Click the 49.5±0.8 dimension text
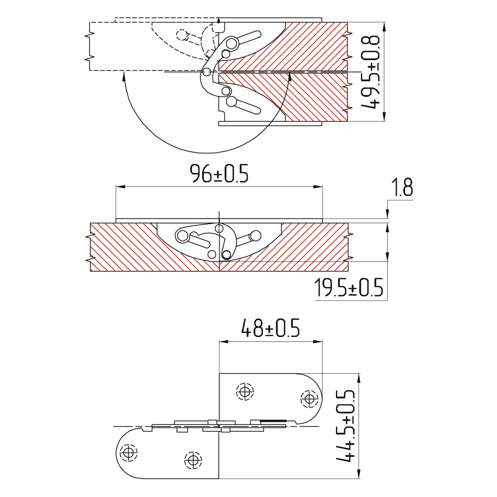click(370, 72)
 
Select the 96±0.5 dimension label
click(219, 173)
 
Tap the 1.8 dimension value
click(402, 187)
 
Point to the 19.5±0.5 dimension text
click(349, 287)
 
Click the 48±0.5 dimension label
click(270, 328)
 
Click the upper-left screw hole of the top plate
click(245, 392)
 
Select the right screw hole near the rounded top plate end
click(309, 398)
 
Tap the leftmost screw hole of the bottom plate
click(128, 452)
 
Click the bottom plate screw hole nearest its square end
click(193, 459)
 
